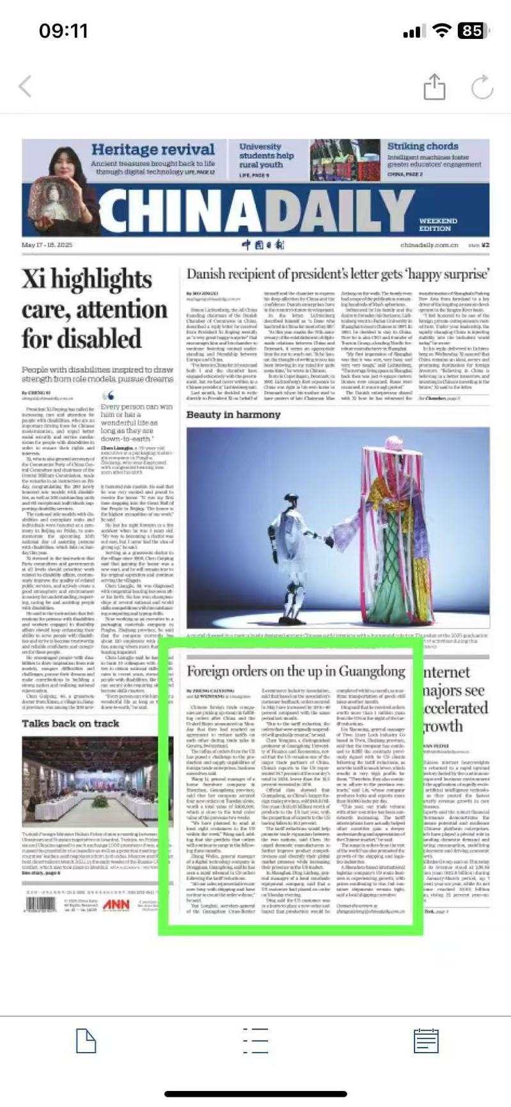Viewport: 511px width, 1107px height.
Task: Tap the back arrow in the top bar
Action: tap(25, 86)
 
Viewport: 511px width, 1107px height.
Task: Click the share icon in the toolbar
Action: tap(434, 87)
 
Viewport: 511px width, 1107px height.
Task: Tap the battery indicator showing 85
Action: tap(472, 31)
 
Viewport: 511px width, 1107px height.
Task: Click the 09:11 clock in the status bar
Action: tap(63, 31)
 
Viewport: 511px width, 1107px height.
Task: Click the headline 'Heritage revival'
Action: tap(153, 150)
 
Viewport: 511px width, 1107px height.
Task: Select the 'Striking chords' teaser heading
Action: tap(423, 146)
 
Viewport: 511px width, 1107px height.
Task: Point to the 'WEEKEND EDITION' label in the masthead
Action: tap(438, 224)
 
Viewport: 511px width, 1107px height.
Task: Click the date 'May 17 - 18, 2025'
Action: tap(47, 245)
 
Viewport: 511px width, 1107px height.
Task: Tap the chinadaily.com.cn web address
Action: tap(429, 245)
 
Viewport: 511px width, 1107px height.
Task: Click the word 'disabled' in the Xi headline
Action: tap(81, 339)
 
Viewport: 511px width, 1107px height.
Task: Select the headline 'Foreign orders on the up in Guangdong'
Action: tap(296, 671)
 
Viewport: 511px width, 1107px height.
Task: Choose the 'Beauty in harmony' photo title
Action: tap(233, 414)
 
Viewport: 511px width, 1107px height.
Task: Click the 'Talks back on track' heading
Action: tap(70, 723)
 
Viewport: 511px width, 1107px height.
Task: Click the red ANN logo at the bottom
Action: tap(116, 904)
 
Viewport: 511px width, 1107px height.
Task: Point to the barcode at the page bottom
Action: tap(41, 904)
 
